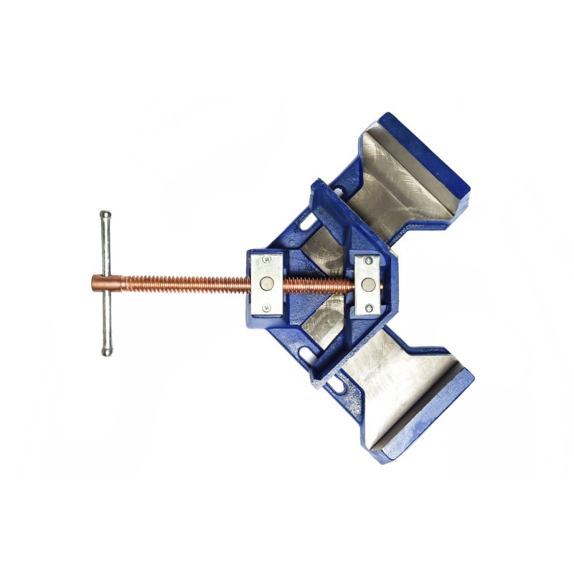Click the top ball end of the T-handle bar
pyautogui.click(x=105, y=215)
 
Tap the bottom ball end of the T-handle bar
pyautogui.click(x=106, y=351)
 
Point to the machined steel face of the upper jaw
pyautogui.click(x=402, y=187)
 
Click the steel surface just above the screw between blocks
pyautogui.click(x=323, y=251)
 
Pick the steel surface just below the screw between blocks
pyautogui.click(x=323, y=316)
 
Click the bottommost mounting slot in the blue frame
pyautogui.click(x=335, y=388)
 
